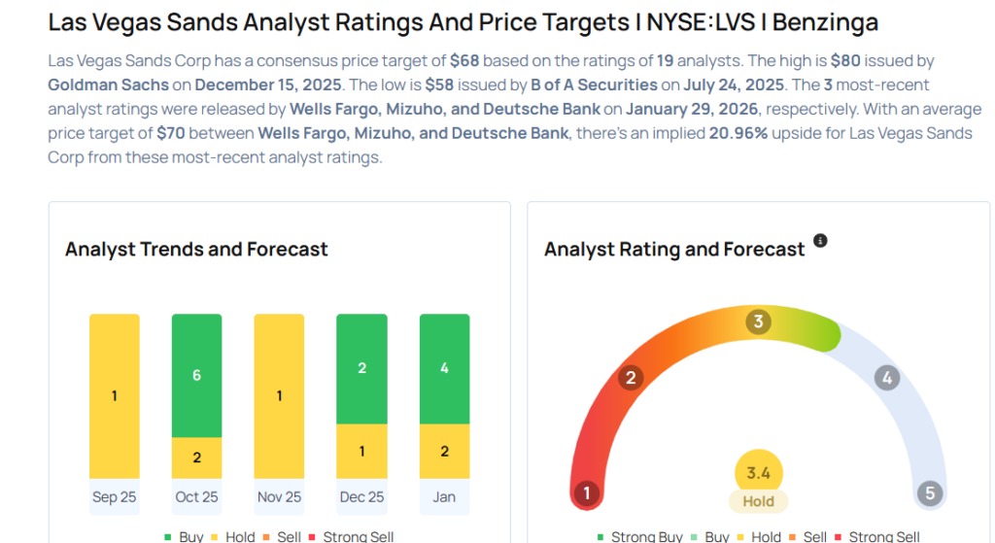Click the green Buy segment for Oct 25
pos(196,375)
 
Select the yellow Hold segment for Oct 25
pos(196,458)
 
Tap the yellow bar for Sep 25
pos(114,395)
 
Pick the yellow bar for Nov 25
pos(279,395)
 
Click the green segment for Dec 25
pos(361,368)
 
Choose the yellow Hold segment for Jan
pos(444,451)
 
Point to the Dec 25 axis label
pos(361,496)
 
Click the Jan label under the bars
pos(444,496)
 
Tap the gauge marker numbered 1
pos(585,493)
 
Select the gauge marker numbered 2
pos(630,378)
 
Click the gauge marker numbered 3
pos(758,322)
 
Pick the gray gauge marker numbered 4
pos(885,378)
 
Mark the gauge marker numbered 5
pos(929,493)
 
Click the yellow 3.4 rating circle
pos(758,473)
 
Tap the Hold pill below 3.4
pos(758,501)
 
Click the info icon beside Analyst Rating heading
pos(820,241)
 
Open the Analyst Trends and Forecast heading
pos(196,250)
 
